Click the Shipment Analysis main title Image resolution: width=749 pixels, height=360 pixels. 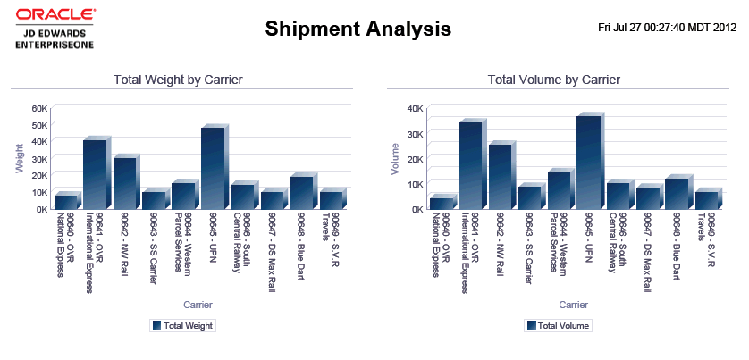pos(358,29)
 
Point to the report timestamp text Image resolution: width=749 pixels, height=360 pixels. pos(667,27)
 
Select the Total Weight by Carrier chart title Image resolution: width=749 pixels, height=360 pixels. pos(179,80)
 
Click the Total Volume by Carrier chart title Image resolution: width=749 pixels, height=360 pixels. pos(554,80)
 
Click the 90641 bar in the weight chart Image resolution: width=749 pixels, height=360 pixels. pos(95,174)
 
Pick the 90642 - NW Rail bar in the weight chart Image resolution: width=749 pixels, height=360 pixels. pos(124,183)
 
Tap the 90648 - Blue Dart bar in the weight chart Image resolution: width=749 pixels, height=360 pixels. pos(301,192)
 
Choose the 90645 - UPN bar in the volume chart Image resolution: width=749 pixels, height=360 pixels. pos(588,163)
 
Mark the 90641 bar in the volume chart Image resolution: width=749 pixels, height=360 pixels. pos(470,165)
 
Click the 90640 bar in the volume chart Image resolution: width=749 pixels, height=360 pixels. pos(441,203)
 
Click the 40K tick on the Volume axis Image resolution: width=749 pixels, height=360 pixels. pos(416,108)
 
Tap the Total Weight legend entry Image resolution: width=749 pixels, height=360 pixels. pos(182,326)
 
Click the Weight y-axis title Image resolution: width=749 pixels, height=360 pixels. pos(19,157)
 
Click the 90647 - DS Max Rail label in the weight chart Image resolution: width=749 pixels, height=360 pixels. pos(272,240)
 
